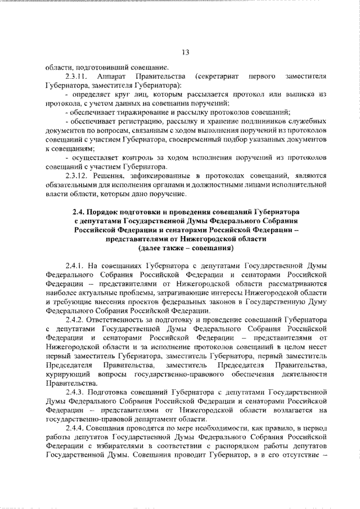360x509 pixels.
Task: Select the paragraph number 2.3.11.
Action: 76,75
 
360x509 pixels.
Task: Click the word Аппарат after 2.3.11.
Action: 111,75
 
